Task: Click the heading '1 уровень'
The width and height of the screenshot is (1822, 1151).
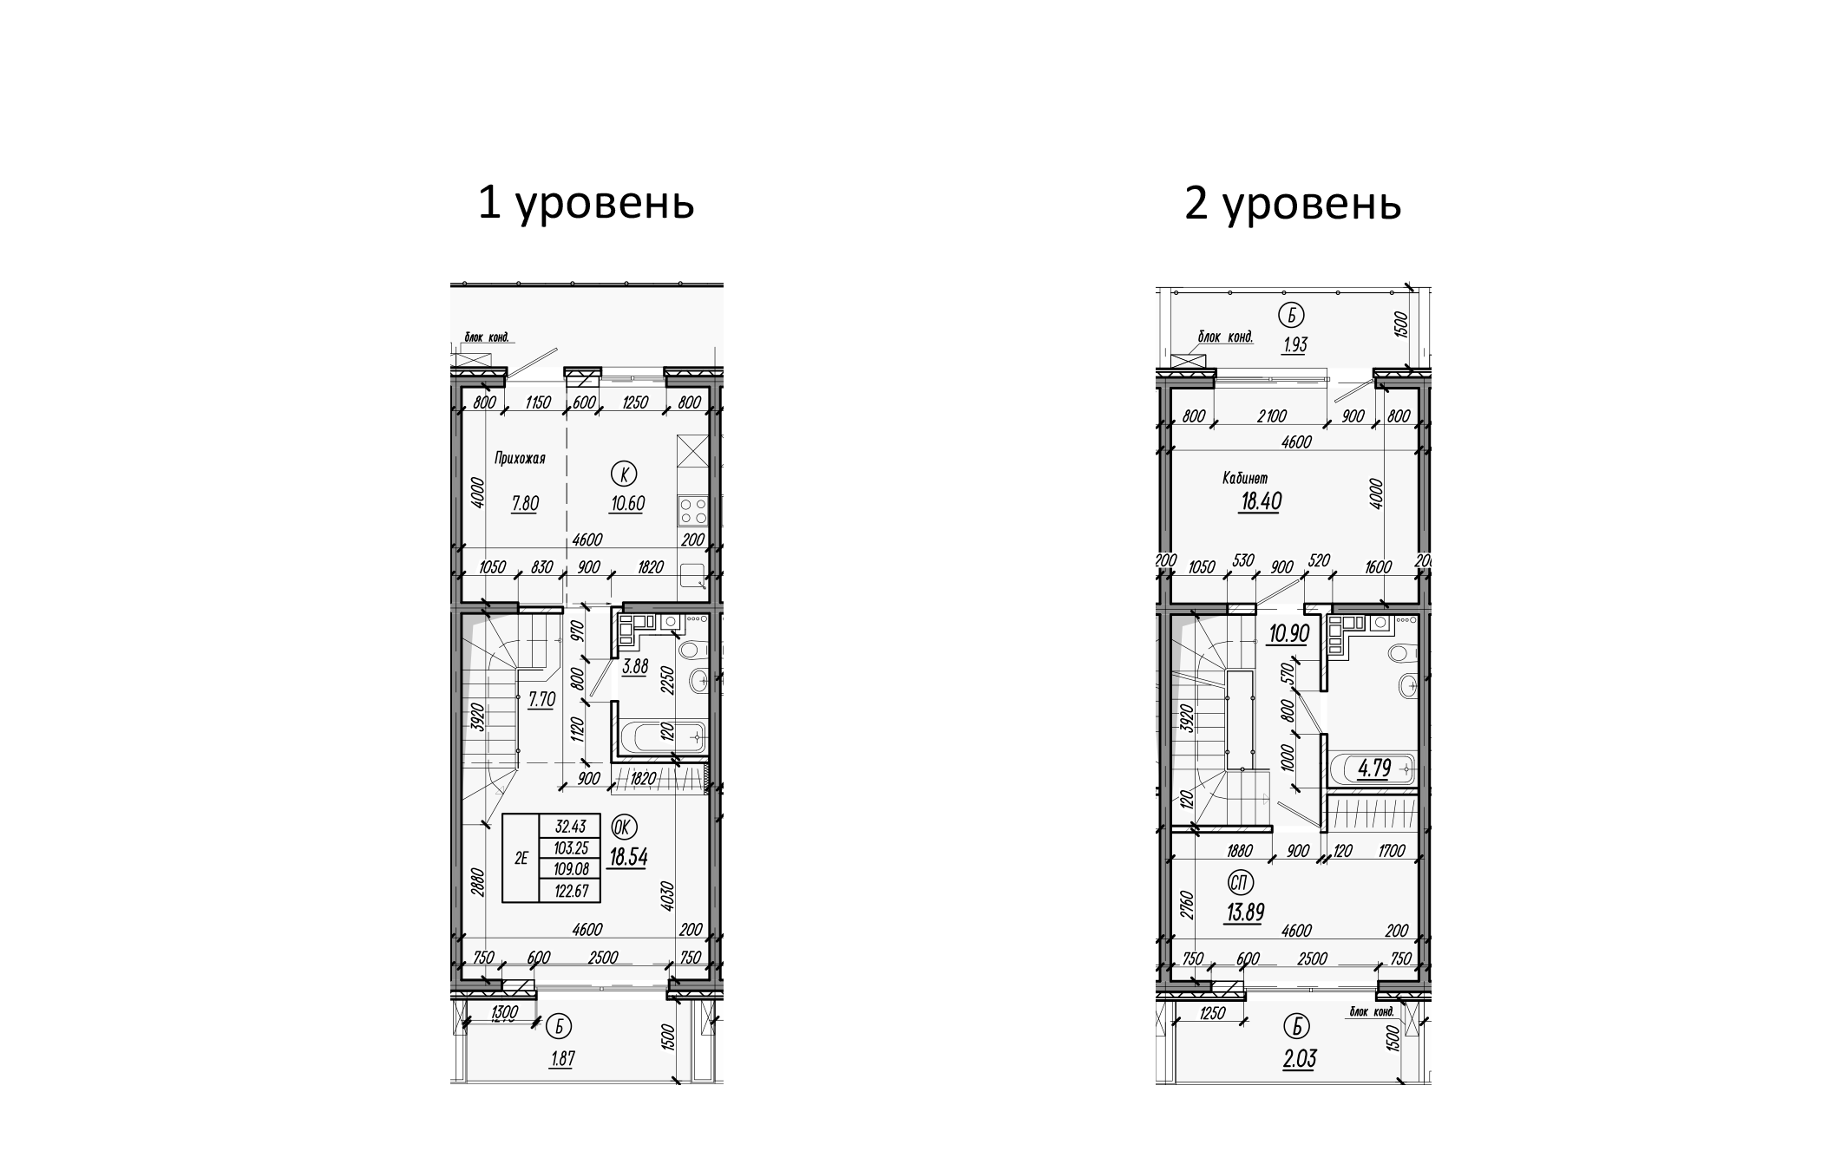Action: coord(586,204)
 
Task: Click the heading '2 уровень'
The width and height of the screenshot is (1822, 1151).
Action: coord(1292,204)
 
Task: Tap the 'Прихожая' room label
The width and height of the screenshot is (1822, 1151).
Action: coord(520,459)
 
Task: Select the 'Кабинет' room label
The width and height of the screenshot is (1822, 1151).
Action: coord(1245,478)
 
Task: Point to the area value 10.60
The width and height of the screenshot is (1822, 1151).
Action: coord(627,504)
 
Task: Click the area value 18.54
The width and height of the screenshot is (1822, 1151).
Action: coord(628,857)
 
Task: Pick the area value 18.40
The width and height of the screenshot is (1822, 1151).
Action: coord(1260,501)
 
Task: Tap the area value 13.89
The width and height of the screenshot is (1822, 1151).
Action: coord(1244,912)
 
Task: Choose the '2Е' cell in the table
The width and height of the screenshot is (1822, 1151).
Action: coord(521,859)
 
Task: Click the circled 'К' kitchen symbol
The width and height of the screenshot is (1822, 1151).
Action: coord(624,474)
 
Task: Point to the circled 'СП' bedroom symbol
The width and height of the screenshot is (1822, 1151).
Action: coord(1241,883)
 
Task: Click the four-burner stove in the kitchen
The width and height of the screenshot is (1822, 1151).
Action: coord(693,510)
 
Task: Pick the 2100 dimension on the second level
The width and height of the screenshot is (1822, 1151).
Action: coord(1271,417)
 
